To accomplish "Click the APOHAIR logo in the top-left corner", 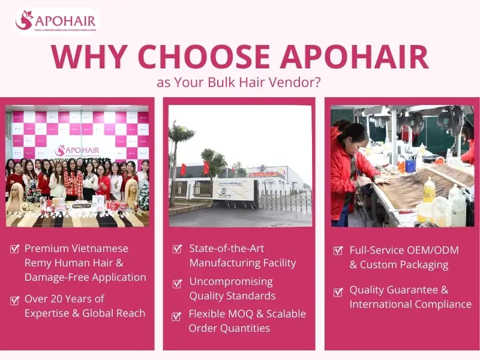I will coord(55,21).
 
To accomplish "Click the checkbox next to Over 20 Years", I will coord(15,300).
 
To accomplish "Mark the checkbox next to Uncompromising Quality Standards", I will coord(177,283).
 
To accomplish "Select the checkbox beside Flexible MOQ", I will coord(177,316).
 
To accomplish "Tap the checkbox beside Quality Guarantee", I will coord(338,292).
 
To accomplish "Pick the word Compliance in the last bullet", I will coord(443,304).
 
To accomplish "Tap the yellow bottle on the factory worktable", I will coord(428,192).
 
